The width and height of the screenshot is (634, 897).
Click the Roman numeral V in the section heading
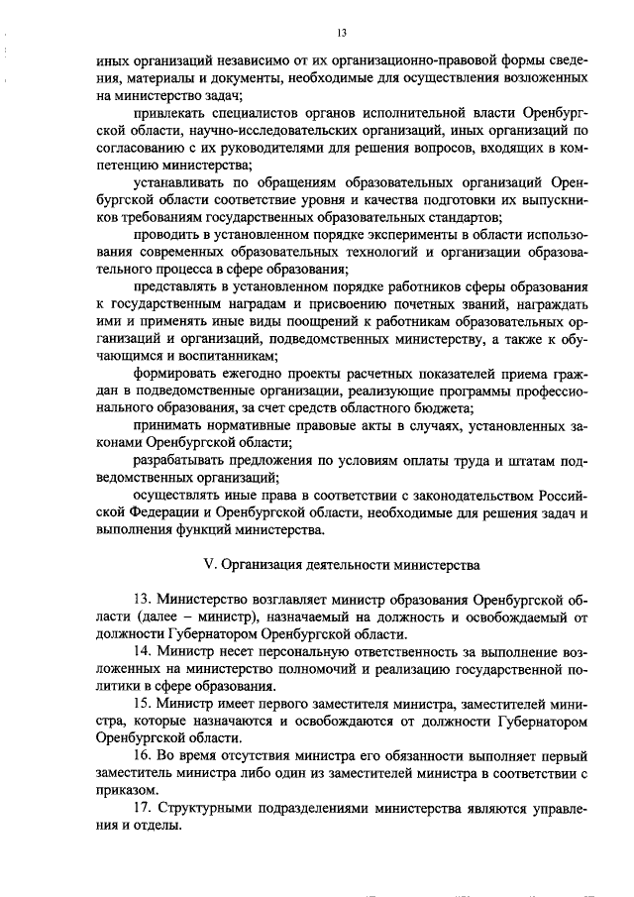pyautogui.click(x=207, y=565)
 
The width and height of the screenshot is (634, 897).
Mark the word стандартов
pyautogui.click(x=463, y=218)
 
